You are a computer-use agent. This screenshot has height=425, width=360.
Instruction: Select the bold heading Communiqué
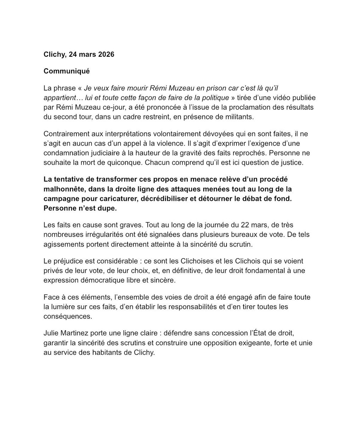pos(67,71)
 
